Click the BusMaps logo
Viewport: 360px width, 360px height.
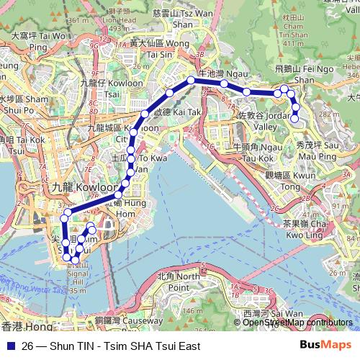(x=324, y=346)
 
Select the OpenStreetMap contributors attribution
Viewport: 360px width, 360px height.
(x=297, y=323)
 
